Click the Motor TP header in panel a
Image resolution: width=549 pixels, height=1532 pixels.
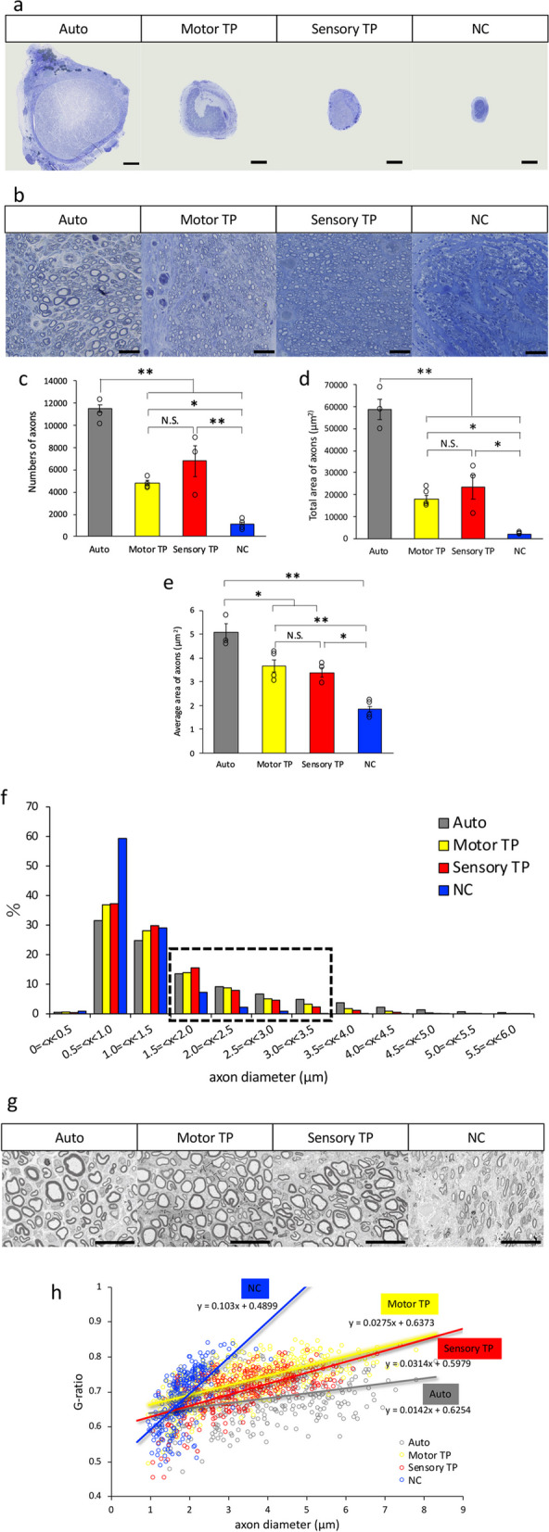coord(209,29)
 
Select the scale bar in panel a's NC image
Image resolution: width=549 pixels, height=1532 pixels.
coord(529,161)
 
